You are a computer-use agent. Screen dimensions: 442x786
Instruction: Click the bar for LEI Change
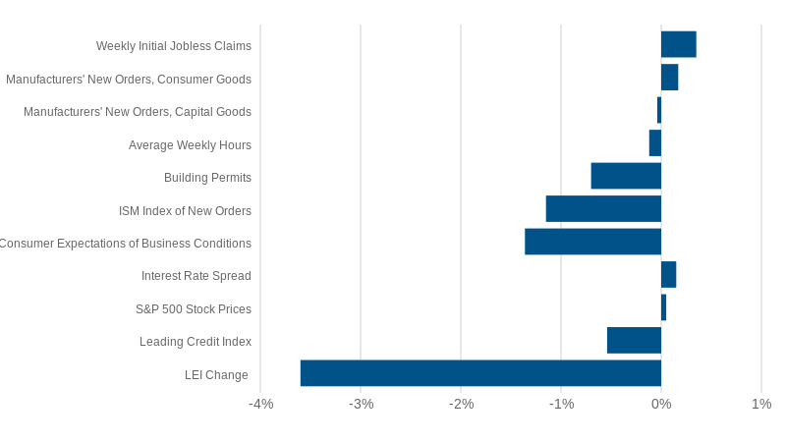pos(480,373)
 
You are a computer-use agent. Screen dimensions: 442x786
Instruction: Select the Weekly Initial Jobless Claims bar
pos(678,44)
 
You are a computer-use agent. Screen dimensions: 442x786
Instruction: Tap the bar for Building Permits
pos(626,176)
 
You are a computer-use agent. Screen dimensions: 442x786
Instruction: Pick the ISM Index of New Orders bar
pos(603,208)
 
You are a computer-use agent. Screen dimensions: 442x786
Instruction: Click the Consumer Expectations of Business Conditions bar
pos(592,242)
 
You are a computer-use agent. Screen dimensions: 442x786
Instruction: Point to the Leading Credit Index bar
pos(634,340)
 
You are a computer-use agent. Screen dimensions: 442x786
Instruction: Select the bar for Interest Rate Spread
pos(668,274)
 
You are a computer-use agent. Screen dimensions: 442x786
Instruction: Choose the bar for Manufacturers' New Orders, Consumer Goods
pos(669,77)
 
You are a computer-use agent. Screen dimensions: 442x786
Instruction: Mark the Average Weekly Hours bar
pos(655,143)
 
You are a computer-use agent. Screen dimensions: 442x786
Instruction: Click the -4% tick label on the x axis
pos(260,404)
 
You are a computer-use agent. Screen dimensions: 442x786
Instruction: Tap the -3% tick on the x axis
pos(361,404)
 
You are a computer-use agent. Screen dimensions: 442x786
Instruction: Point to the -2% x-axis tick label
pos(461,404)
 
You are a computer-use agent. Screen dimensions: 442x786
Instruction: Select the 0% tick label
pos(661,404)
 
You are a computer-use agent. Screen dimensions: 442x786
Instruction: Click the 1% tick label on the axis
pos(761,404)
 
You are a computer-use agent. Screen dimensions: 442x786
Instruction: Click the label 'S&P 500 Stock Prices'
pos(194,309)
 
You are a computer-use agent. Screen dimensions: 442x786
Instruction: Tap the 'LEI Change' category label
pos(216,375)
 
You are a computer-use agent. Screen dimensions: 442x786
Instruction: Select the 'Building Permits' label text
pos(207,178)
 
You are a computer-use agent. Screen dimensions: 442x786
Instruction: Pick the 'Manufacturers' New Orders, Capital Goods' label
pos(138,112)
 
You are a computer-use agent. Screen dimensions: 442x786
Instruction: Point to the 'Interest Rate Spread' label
pos(196,276)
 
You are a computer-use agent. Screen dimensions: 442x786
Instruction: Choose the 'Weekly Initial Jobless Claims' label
pos(174,46)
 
